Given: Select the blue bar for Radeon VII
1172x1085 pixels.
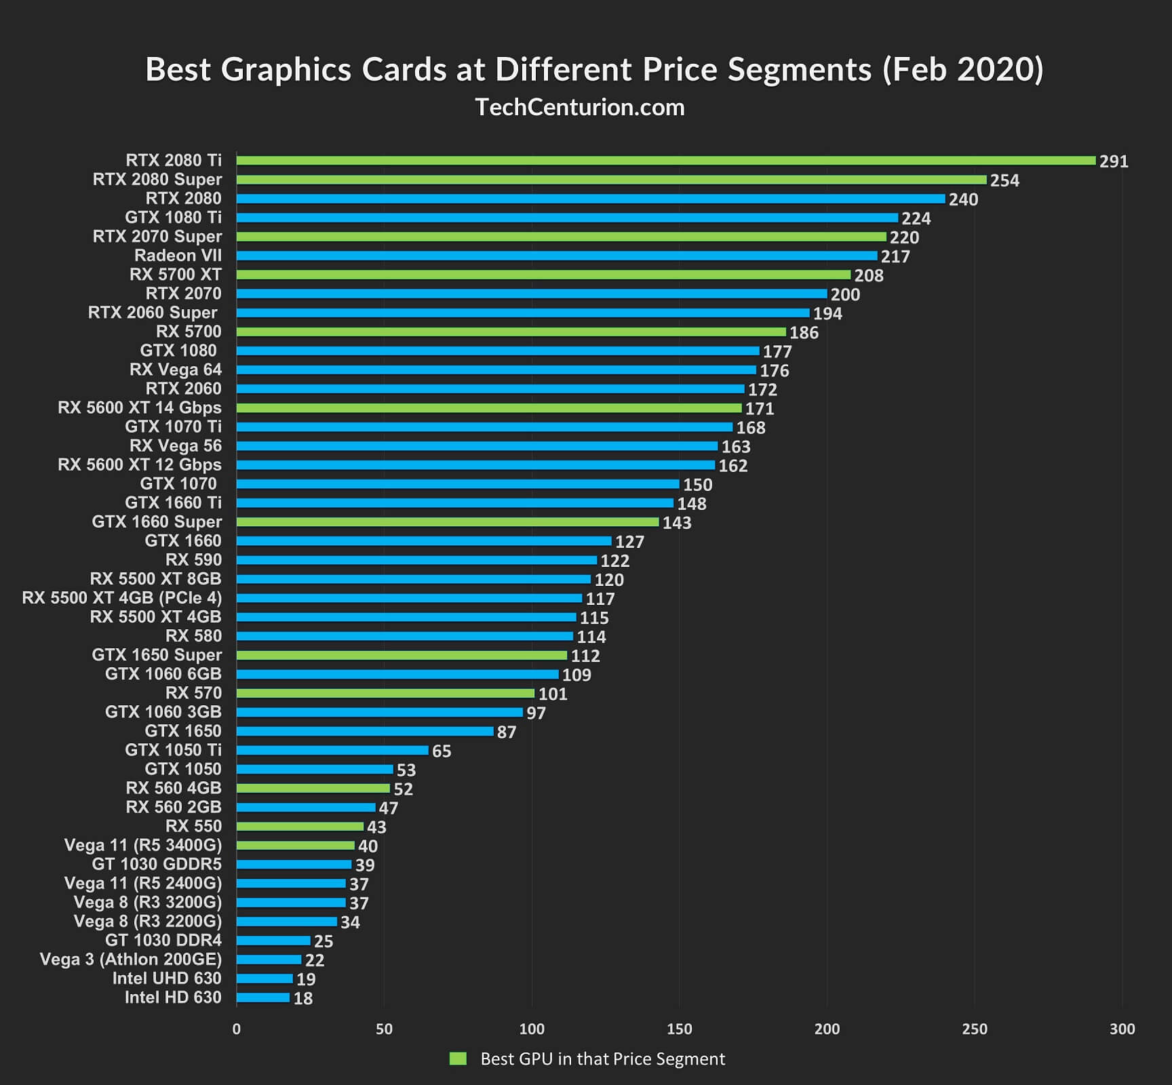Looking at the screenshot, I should pos(556,256).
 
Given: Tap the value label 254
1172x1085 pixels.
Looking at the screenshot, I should pos(1004,180).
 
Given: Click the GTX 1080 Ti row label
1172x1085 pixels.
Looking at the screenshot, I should pos(173,218).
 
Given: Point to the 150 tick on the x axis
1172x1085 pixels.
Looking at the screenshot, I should pos(679,1029).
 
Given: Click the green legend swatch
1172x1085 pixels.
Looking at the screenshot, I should pos(458,1059).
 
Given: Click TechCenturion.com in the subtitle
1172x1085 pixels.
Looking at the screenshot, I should pos(580,107).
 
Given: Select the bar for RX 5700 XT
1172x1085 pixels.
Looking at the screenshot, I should pos(543,275).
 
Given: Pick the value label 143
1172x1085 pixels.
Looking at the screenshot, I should pos(676,523).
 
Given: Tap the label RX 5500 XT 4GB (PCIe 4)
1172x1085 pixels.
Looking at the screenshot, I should pos(122,598).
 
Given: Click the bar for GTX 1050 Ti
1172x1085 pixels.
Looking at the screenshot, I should pos(332,750).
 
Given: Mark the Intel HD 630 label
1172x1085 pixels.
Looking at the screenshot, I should pos(173,998).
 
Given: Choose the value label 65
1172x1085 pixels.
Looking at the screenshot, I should pos(441,751).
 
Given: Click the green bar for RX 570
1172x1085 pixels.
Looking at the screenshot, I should pos(385,693).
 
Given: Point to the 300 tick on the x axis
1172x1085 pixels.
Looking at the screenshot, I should pos(1122,1029).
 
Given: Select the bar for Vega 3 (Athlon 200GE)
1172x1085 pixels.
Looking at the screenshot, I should pos(269,960).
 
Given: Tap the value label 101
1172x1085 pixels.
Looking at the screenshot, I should pos(552,694).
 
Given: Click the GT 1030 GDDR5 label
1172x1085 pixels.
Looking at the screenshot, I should pos(157,865).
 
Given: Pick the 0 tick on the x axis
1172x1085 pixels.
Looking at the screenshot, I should pos(236,1029).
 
